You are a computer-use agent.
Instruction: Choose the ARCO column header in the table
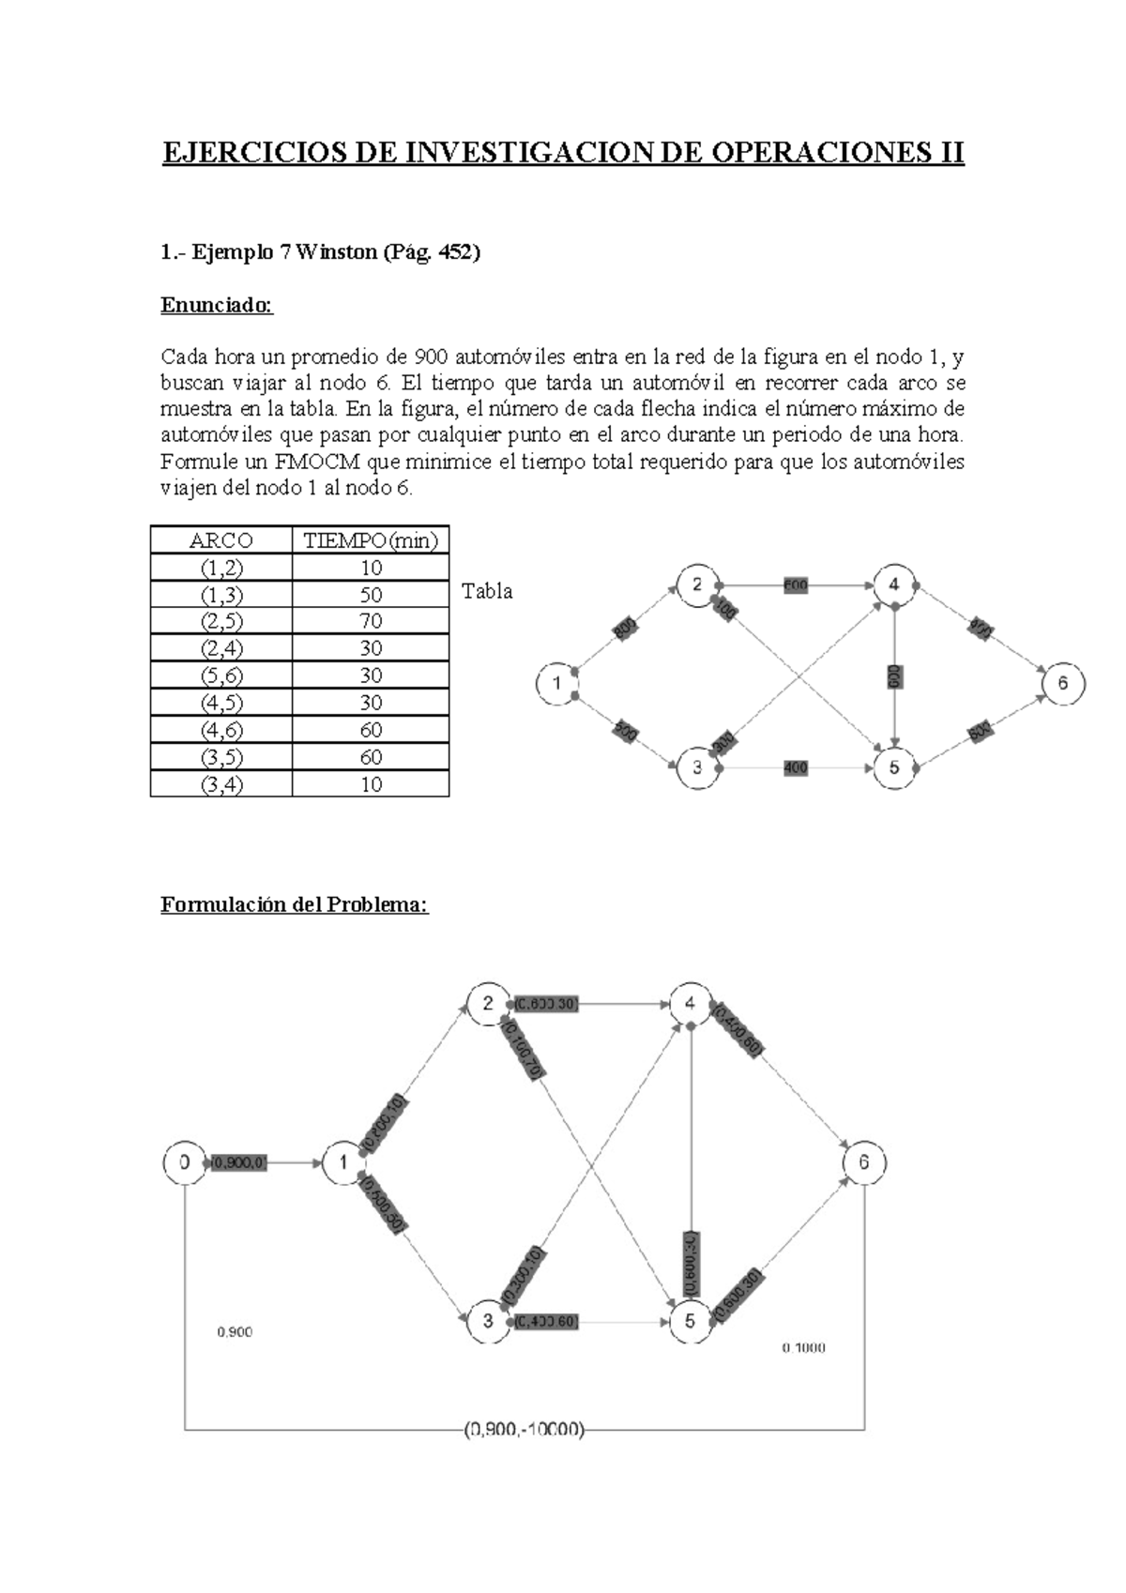tap(221, 540)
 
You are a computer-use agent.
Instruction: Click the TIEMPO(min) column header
tap(371, 540)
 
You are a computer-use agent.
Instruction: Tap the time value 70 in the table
tap(371, 621)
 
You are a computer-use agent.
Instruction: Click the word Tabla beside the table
tap(487, 592)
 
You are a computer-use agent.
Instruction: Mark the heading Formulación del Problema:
tap(295, 904)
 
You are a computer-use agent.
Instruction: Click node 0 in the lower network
tap(185, 1162)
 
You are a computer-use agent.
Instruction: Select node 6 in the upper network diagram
tap(1062, 684)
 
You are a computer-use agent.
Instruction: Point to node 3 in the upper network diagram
tap(697, 767)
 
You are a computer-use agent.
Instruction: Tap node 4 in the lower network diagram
tap(691, 1003)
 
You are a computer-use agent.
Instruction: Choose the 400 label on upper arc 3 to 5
tap(796, 768)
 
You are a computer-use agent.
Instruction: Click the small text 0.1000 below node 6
tap(804, 1348)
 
